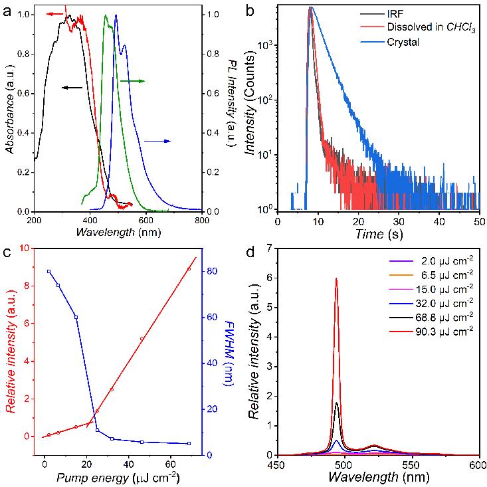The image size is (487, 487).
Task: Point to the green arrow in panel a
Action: click(132, 80)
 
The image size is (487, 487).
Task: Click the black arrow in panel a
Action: click(72, 87)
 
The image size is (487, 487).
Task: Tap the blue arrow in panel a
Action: click(157, 141)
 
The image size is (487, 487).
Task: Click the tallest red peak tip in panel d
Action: click(337, 278)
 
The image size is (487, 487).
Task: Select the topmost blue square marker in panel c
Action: click(49, 271)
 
